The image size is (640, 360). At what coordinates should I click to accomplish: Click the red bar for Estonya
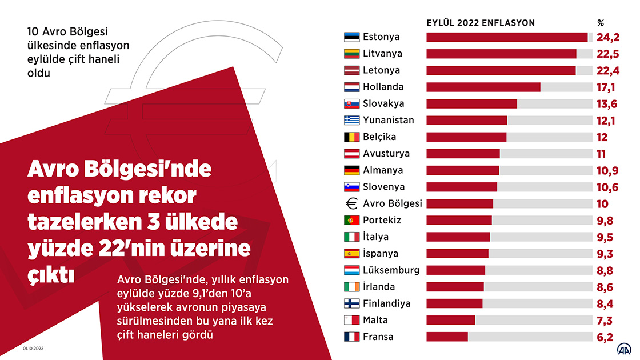coord(507,37)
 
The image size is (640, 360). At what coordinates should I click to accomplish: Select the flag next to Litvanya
coord(351,54)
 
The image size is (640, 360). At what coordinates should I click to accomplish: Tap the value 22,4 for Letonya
coord(609,70)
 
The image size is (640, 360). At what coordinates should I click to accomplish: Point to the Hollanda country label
coord(383,87)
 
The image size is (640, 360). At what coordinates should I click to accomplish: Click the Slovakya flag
coord(351,104)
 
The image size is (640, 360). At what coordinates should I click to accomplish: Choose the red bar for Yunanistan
coord(467,121)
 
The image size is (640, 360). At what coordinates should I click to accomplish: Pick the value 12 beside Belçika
coord(602,137)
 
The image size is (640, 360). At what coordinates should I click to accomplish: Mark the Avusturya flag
coord(351,154)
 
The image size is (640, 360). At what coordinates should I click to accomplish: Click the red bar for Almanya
coord(463,170)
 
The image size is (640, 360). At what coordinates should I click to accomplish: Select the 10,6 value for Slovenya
coord(609,187)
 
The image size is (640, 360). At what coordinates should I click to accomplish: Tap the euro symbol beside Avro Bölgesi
coord(351,203)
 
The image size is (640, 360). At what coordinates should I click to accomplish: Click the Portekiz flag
coord(351,220)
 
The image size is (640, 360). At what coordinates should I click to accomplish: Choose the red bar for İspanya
coord(458,253)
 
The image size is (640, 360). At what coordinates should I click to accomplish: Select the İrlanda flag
coord(351,287)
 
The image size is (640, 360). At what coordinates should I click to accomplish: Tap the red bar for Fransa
coord(447,337)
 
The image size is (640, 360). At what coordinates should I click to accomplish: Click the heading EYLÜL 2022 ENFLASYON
coord(481,23)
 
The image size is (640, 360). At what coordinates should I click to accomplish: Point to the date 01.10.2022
coord(34,348)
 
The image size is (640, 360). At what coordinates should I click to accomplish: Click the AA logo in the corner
coord(623,348)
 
